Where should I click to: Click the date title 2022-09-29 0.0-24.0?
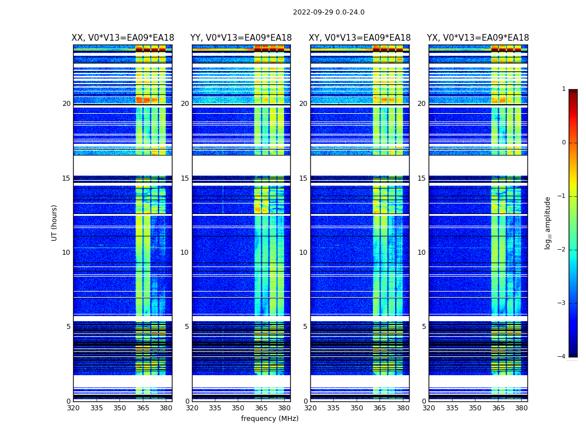329,12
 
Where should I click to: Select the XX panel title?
123,38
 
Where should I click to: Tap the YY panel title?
241,38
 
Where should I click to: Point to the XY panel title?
360,38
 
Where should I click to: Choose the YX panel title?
478,38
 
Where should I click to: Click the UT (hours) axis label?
55,222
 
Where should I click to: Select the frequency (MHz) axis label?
270,419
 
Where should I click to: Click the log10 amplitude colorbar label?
548,222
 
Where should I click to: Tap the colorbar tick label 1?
563,89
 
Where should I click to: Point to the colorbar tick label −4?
562,357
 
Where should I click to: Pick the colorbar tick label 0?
563,143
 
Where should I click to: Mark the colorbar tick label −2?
562,250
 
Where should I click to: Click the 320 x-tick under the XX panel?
73,408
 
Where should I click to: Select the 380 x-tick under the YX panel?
521,408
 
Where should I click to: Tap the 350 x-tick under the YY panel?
238,408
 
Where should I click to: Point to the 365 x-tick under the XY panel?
380,408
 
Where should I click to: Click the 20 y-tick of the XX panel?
66,104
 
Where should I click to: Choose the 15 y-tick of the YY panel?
185,178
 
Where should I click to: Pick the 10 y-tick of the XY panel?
303,253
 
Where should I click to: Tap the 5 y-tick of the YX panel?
424,327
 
